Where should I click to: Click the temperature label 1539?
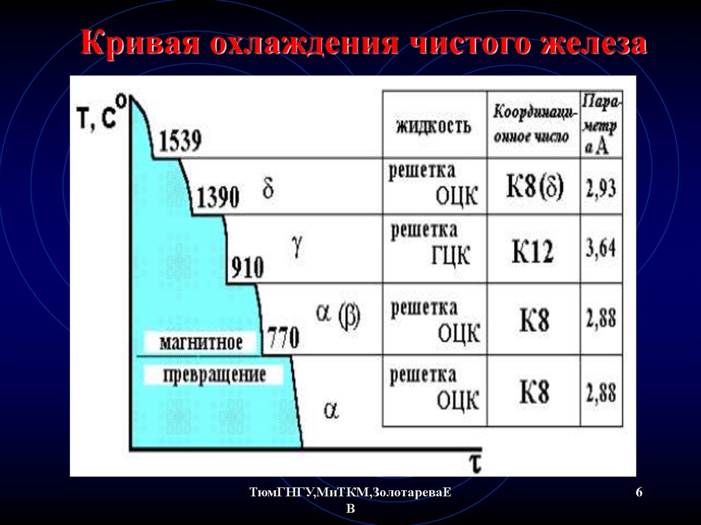180,141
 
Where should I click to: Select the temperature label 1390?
218,196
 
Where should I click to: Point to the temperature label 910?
247,268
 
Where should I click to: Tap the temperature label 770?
283,337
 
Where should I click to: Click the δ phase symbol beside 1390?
268,188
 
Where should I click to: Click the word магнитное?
201,342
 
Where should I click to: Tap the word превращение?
214,375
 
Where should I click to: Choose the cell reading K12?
533,252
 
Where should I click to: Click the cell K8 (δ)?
535,185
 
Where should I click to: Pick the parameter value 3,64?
601,248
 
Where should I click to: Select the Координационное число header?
533,124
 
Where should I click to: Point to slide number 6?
639,492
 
